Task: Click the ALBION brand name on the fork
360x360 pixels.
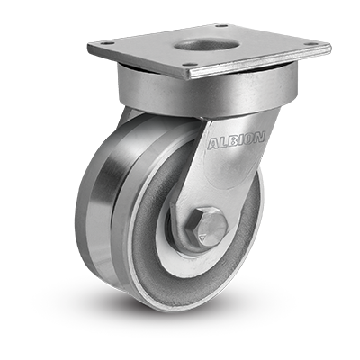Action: pos(237,139)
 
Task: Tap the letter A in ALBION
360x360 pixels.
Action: pos(213,145)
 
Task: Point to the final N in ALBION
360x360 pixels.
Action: pos(260,138)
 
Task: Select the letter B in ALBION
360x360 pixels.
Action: pos(230,141)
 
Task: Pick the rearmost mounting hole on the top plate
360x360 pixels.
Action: pos(223,26)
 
